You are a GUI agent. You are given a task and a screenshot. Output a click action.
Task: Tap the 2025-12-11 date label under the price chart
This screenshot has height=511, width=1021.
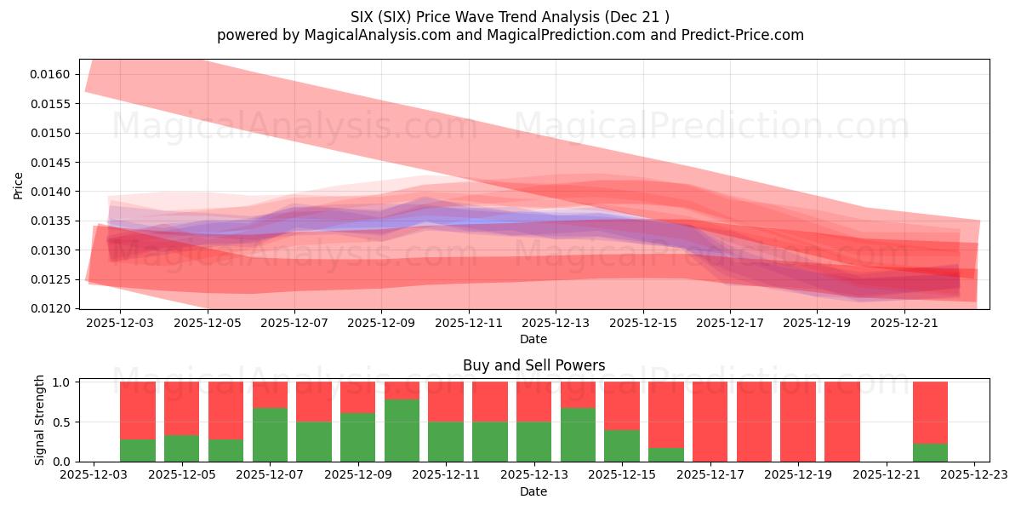468,324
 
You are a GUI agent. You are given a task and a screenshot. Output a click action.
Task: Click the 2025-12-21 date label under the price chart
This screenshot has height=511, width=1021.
904,324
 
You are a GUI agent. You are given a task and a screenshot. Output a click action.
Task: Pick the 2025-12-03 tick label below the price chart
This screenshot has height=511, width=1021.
120,324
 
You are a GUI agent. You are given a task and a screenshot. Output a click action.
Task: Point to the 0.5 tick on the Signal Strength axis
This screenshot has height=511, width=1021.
64,422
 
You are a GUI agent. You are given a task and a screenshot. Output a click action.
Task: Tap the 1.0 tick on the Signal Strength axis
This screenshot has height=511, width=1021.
64,382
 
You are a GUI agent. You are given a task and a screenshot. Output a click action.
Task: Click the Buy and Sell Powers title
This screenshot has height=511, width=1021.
533,365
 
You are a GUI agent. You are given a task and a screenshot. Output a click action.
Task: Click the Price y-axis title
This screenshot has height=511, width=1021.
19,185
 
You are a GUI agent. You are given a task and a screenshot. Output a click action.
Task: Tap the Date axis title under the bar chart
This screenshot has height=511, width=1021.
533,491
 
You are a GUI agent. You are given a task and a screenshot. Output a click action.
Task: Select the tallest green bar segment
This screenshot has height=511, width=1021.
402,431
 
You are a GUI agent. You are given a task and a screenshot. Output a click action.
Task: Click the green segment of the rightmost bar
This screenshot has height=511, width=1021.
930,453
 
